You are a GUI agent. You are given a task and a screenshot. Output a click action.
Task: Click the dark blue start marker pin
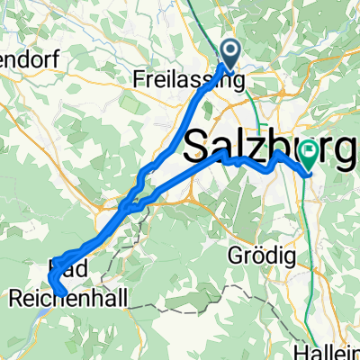click(231, 52)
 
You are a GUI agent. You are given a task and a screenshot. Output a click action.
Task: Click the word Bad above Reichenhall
click(60, 270)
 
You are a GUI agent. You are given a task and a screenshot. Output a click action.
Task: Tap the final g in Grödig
click(292, 259)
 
